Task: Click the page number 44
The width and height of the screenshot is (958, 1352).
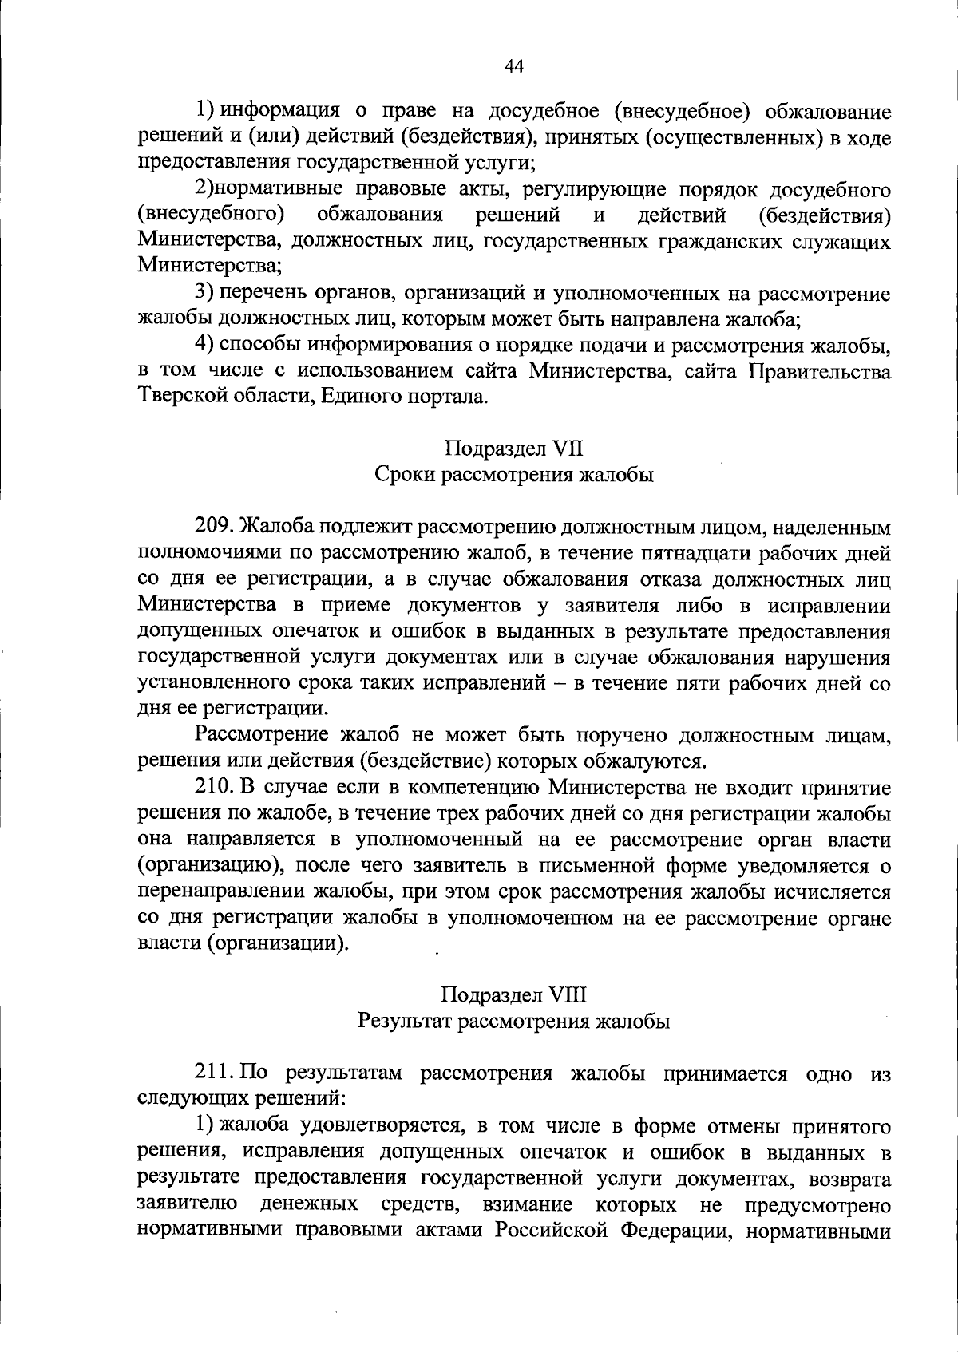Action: pyautogui.click(x=513, y=66)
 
